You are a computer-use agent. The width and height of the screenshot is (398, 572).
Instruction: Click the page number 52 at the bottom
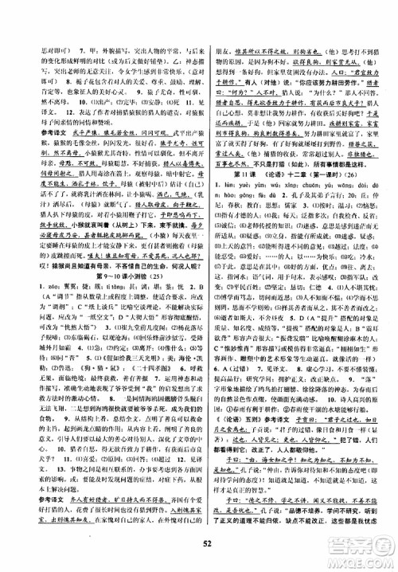click(x=199, y=544)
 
